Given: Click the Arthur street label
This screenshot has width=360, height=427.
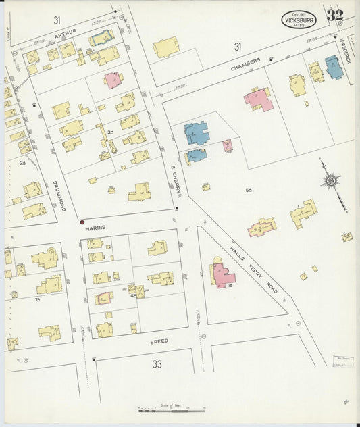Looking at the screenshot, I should pos(66,32).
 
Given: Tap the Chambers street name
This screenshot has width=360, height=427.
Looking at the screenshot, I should pos(245,65).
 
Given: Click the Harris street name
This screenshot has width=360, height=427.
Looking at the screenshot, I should pos(96,228).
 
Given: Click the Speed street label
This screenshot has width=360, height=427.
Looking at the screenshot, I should pos(159,342).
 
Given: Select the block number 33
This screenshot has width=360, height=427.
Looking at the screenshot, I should pos(157,365).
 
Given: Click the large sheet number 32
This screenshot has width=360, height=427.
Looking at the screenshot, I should pos(334,16).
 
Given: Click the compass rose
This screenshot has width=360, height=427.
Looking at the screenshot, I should pos(330,180).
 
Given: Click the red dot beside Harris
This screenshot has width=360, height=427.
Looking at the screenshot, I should pos(82,222).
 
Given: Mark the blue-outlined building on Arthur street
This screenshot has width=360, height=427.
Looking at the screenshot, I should pos(101,39).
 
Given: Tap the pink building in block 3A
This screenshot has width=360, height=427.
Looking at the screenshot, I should pos(113,80).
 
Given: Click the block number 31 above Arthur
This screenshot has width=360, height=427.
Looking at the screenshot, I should pos(57,20).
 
